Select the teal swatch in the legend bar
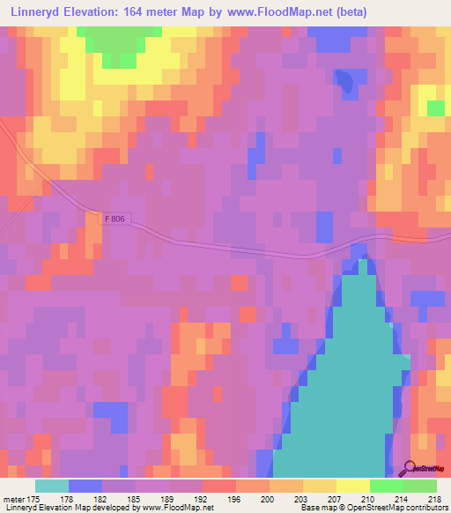click(52, 486)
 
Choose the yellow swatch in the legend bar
click(352, 486)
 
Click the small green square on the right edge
click(435, 108)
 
